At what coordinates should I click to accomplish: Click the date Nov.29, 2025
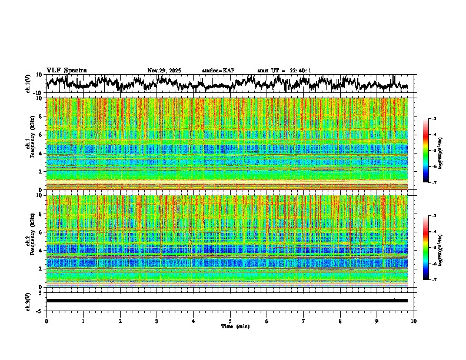click(x=164, y=71)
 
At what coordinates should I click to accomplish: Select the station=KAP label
click(x=218, y=71)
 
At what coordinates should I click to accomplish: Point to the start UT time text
click(x=284, y=71)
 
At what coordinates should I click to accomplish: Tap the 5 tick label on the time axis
click(x=230, y=321)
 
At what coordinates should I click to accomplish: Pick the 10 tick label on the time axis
click(x=414, y=321)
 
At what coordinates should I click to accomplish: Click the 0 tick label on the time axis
click(x=46, y=321)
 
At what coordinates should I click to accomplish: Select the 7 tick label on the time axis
click(x=304, y=321)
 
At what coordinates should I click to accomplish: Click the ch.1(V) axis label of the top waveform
click(x=28, y=84)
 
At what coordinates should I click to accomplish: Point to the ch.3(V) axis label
click(x=28, y=301)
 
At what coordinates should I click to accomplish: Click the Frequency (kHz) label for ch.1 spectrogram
click(x=31, y=144)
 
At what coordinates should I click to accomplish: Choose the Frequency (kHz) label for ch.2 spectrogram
click(x=31, y=241)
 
